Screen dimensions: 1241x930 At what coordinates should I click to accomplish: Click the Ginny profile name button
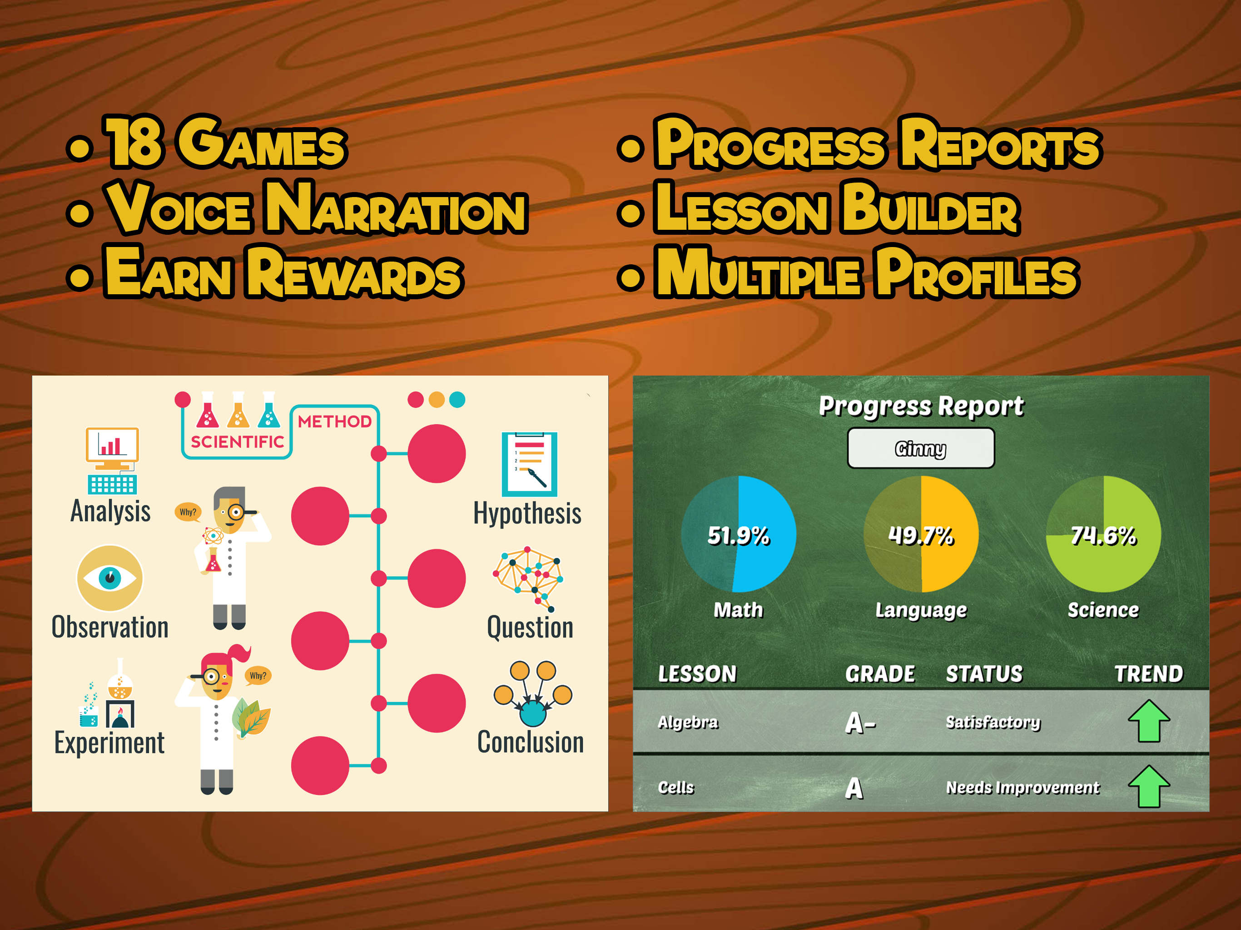click(x=921, y=448)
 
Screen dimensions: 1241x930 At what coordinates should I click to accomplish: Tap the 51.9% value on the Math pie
click(x=738, y=536)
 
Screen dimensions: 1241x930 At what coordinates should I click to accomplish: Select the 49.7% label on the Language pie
click(x=921, y=536)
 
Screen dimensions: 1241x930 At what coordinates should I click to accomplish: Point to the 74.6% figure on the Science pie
click(x=1103, y=536)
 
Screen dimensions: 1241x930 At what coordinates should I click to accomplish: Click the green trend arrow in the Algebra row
click(x=1149, y=721)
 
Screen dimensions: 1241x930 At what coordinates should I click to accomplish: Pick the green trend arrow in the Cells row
click(x=1149, y=787)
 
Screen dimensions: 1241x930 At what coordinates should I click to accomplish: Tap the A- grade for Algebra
click(x=860, y=722)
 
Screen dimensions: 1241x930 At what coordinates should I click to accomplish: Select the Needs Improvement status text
click(x=1022, y=787)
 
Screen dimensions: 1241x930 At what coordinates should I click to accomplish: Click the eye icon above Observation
click(x=110, y=578)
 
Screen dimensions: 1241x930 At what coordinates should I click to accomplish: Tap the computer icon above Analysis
click(x=112, y=460)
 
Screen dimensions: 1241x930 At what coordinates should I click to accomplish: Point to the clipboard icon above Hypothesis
click(x=529, y=464)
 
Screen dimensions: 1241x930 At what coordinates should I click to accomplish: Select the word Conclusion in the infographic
click(x=530, y=742)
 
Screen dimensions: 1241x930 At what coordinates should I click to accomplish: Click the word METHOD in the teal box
click(x=334, y=421)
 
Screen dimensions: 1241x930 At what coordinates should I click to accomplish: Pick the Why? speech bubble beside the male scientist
click(x=188, y=512)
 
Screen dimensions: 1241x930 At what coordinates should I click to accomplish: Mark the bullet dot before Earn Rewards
click(x=79, y=277)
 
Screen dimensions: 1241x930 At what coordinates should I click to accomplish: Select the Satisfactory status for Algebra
click(x=993, y=722)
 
